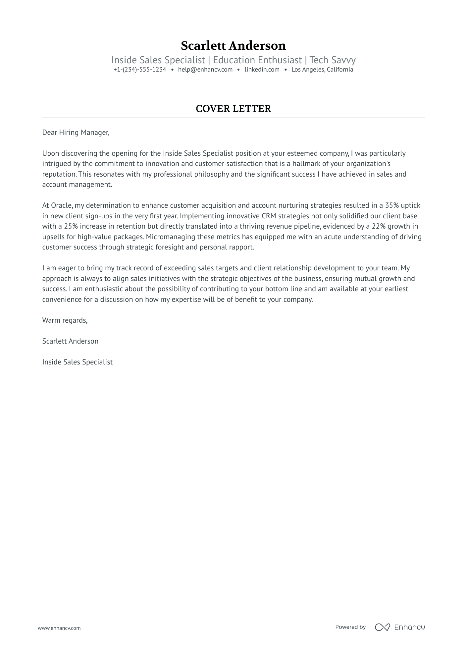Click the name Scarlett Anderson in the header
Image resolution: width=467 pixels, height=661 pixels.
pyautogui.click(x=233, y=46)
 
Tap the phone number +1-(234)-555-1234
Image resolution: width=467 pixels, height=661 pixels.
pyautogui.click(x=139, y=70)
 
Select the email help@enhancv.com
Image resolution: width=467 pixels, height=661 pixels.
pyautogui.click(x=205, y=70)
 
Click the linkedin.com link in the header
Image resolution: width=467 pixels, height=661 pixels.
pyautogui.click(x=262, y=70)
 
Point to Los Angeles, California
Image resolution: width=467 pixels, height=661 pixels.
pyautogui.click(x=322, y=70)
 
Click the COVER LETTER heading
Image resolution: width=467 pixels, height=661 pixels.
pyautogui.click(x=233, y=109)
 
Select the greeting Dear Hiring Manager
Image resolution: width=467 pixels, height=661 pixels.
pyautogui.click(x=76, y=133)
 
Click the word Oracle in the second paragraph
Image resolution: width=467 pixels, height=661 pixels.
pyautogui.click(x=61, y=205)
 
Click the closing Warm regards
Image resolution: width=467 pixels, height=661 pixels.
pyautogui.click(x=65, y=320)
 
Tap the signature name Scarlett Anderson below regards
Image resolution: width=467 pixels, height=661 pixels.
pyautogui.click(x=70, y=341)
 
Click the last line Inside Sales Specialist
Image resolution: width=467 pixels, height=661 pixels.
pyautogui.click(x=77, y=362)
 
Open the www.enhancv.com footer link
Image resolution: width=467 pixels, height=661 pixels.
pyautogui.click(x=59, y=628)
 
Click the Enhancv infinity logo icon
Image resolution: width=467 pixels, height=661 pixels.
pyautogui.click(x=382, y=627)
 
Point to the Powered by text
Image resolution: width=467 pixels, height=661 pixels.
pyautogui.click(x=350, y=627)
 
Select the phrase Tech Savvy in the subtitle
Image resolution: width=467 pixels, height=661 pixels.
pyautogui.click(x=332, y=60)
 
